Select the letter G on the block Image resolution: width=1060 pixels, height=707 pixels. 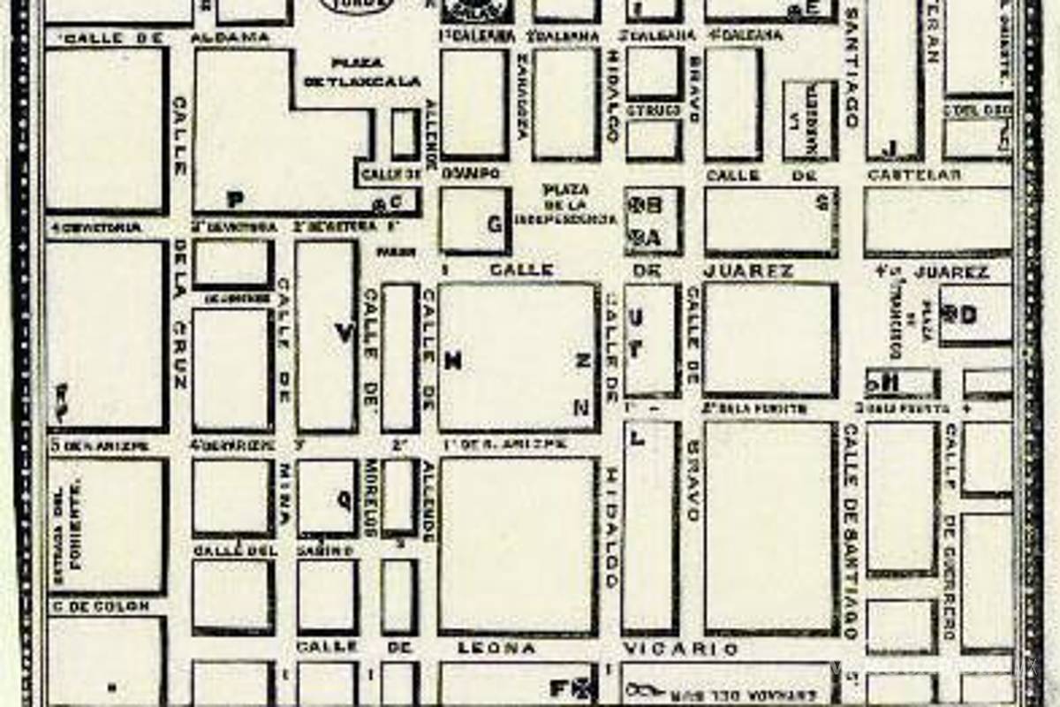pyautogui.click(x=495, y=224)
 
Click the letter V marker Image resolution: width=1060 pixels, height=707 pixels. pyautogui.click(x=344, y=333)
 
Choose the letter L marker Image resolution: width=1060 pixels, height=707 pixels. pyautogui.click(x=638, y=437)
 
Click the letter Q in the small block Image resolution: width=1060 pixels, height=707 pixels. pyautogui.click(x=343, y=499)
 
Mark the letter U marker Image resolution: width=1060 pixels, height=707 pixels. pyautogui.click(x=636, y=317)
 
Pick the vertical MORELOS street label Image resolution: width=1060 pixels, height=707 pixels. pyautogui.click(x=372, y=497)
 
